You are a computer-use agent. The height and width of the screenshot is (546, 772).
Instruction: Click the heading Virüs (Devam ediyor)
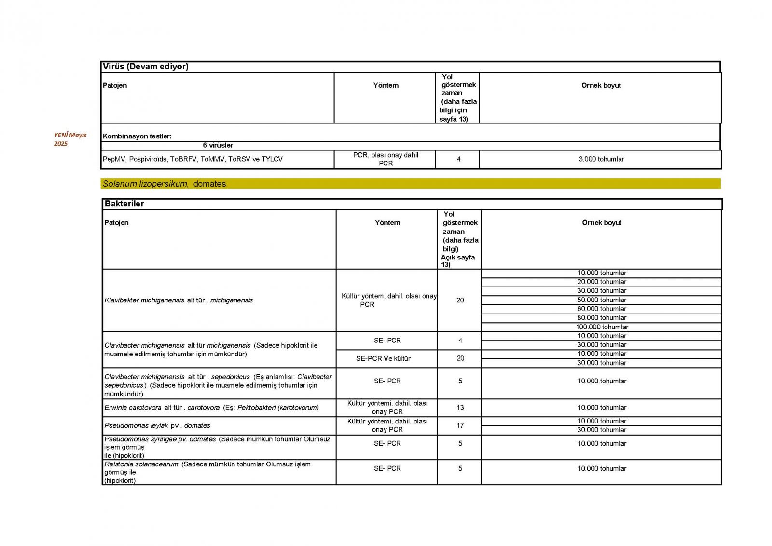click(145, 67)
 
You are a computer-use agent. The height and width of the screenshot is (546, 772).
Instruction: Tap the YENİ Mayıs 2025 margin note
click(70, 139)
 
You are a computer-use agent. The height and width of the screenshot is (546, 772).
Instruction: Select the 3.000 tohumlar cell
click(601, 159)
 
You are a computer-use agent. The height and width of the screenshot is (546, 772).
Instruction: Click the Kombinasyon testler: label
click(137, 136)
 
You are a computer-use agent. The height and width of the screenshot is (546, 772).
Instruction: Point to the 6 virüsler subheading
click(218, 145)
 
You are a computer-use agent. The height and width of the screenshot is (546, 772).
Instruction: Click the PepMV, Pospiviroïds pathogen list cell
click(193, 159)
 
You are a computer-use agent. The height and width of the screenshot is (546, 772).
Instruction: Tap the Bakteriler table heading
click(124, 204)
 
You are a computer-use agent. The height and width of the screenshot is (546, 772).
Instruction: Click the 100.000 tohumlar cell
click(602, 327)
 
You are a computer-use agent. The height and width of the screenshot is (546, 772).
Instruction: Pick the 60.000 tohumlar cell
click(602, 309)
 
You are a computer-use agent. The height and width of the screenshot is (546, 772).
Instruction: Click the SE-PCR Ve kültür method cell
click(383, 358)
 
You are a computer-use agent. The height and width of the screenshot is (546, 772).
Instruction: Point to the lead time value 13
click(460, 408)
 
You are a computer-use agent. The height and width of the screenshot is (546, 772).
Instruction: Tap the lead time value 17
click(460, 425)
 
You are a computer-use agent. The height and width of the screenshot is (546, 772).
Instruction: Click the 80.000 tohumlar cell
click(602, 318)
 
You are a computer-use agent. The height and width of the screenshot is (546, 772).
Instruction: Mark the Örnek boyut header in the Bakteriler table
click(601, 223)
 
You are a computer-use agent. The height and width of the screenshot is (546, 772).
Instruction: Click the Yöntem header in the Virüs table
click(386, 85)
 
